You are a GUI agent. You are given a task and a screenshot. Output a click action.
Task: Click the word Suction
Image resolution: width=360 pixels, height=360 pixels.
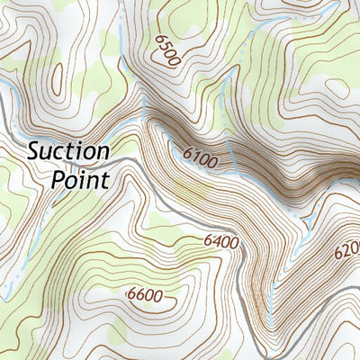[x=67, y=150]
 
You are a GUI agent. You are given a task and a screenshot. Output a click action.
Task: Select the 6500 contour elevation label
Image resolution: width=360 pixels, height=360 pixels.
[x=167, y=50]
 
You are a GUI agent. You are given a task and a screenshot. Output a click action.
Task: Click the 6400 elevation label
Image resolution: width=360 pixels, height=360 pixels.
[x=221, y=241]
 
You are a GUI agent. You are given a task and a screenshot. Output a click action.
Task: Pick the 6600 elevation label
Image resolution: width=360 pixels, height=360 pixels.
[x=150, y=295]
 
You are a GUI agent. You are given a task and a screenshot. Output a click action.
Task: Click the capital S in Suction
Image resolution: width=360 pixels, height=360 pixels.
[x=33, y=150]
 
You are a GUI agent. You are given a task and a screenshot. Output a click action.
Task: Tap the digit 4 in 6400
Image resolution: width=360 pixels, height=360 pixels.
[x=216, y=241]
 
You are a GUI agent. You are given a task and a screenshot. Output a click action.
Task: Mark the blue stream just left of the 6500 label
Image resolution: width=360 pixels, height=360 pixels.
[x=121, y=40]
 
